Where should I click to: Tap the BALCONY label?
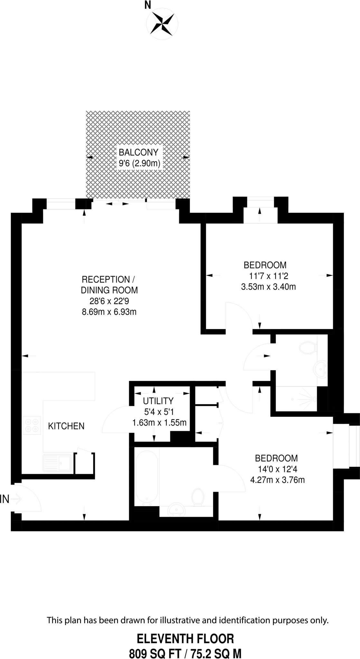pyautogui.click(x=138, y=152)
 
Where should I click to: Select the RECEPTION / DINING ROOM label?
pyautogui.click(x=109, y=284)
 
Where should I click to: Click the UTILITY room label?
pyautogui.click(x=158, y=401)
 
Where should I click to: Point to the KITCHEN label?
pyautogui.click(x=66, y=426)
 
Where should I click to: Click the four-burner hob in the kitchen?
pyautogui.click(x=32, y=425)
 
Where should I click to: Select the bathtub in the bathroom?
pyautogui.click(x=147, y=477)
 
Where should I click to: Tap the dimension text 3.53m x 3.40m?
pyautogui.click(x=268, y=287)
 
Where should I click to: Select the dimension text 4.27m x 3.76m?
pyautogui.click(x=277, y=480)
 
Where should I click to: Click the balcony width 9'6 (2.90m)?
pyautogui.click(x=139, y=163)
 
